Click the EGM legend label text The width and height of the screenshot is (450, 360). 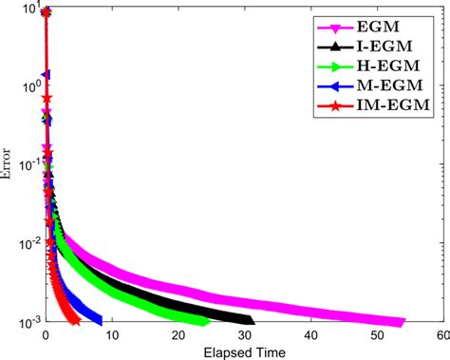coord(378,27)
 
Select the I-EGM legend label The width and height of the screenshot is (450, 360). coord(384,47)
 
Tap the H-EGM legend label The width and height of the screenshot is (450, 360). coord(388,66)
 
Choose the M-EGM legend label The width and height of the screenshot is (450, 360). coord(390,85)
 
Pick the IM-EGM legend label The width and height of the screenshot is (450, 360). coord(394,104)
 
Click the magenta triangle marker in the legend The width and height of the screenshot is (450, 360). coord(335,28)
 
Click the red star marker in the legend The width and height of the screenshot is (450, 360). coord(335,106)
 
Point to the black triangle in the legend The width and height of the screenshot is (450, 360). coord(335,47)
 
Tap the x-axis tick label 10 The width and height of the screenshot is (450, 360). coord(112,335)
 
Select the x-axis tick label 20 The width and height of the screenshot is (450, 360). coord(178,335)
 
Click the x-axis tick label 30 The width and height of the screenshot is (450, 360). coord(245,335)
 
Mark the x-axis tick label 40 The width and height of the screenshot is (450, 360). coord(311,335)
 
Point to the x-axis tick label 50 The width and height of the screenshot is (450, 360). coord(378,335)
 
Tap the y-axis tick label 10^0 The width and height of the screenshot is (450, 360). coord(30,85)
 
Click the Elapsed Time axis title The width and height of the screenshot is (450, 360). coord(244,352)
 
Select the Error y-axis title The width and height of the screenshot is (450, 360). coord(6,163)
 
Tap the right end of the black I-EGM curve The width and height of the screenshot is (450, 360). coord(253,321)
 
